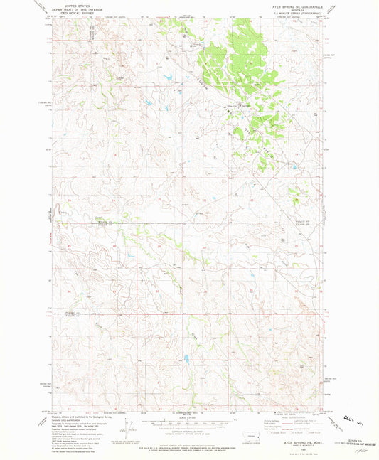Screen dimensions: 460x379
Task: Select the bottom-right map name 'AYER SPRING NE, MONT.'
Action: coord(299,445)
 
